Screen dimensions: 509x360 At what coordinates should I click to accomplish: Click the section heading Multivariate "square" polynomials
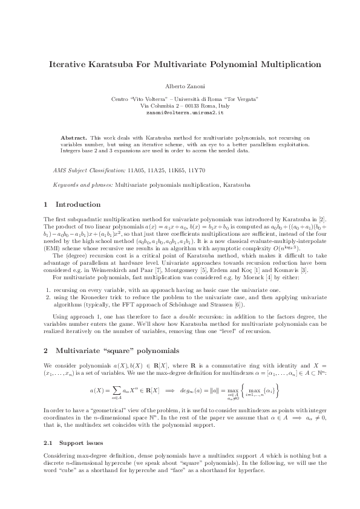115,350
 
